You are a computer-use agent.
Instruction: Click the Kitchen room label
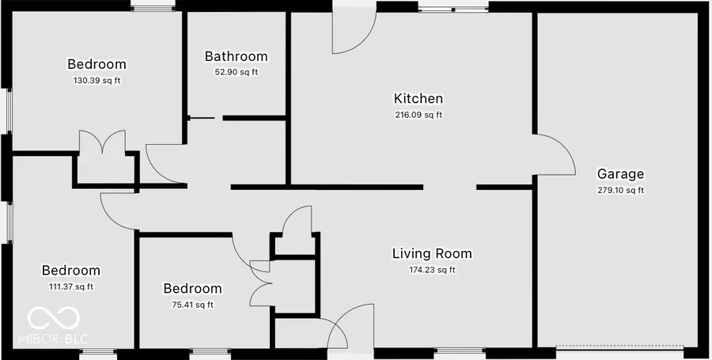pyautogui.click(x=418, y=99)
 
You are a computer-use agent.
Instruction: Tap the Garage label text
pyautogui.click(x=620, y=174)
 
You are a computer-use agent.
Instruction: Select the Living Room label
pyautogui.click(x=432, y=253)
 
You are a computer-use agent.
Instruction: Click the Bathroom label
pyautogui.click(x=236, y=56)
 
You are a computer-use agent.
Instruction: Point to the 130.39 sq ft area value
pyautogui.click(x=97, y=80)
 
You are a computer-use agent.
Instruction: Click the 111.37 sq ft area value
pyautogui.click(x=71, y=286)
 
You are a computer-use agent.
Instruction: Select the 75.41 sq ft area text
pyautogui.click(x=192, y=305)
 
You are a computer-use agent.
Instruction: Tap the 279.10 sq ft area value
pyautogui.click(x=620, y=190)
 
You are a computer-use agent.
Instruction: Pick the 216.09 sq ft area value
pyautogui.click(x=418, y=115)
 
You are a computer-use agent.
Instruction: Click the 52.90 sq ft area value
pyautogui.click(x=236, y=72)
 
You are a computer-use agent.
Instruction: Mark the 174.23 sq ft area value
pyautogui.click(x=432, y=270)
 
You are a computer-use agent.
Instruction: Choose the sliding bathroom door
pyautogui.click(x=201, y=119)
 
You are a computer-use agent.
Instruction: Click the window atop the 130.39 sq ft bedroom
pyautogui.click(x=153, y=9)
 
